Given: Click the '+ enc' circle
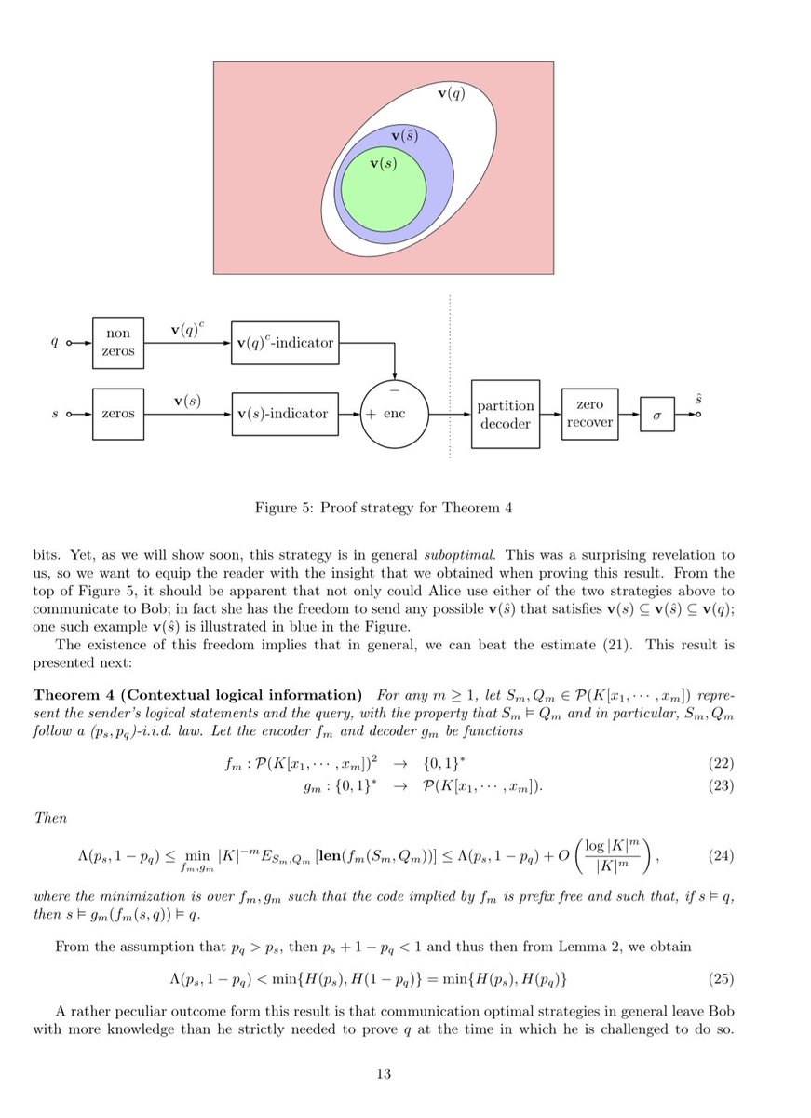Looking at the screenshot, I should coord(395,413).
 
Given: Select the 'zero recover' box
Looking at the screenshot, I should coord(589,414).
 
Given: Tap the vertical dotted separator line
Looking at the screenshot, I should coord(450,373).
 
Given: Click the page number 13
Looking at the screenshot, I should coord(383,1074).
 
